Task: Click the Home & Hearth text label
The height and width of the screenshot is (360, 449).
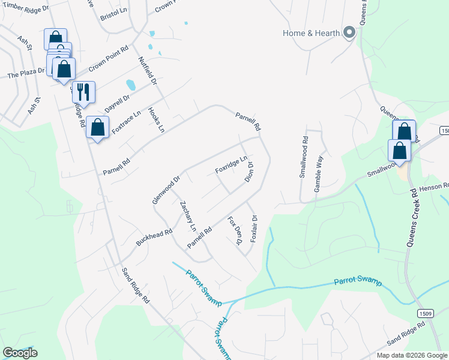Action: [x=311, y=33]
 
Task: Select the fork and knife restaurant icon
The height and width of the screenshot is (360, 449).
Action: [x=83, y=92]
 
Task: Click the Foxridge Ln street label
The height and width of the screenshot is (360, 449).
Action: [x=231, y=166]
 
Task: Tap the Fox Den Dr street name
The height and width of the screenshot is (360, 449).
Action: [x=234, y=230]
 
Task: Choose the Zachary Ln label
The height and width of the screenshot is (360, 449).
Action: [x=188, y=216]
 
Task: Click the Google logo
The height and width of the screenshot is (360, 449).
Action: [x=20, y=352]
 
